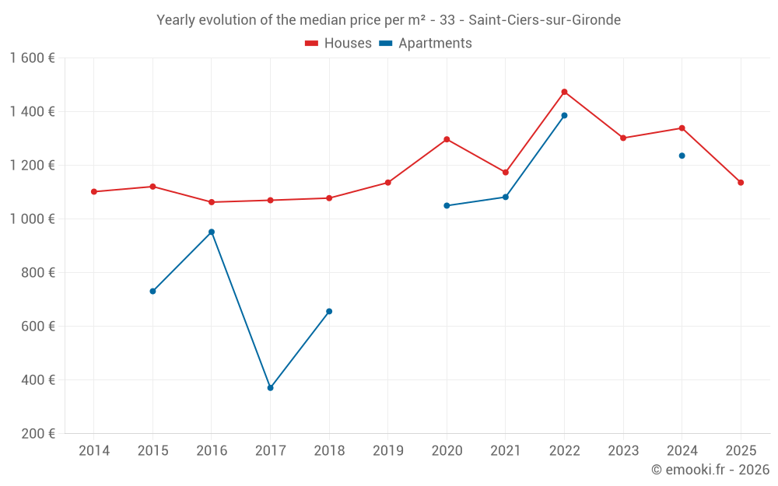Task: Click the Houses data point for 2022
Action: [x=564, y=92]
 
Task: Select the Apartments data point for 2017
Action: [x=270, y=387]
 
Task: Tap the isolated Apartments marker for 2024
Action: [x=682, y=156]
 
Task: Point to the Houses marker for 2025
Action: [x=741, y=183]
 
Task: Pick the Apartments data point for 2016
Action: [x=212, y=232]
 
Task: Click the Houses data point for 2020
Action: [x=447, y=139]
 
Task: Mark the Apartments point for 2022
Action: [x=564, y=116]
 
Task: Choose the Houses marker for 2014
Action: [x=93, y=191]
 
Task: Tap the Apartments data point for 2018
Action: [x=329, y=311]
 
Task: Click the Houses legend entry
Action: [x=338, y=44]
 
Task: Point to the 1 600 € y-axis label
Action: [x=33, y=58]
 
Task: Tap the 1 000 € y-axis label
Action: [x=33, y=219]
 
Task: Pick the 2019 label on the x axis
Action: [x=387, y=451]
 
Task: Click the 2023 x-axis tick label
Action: [x=623, y=451]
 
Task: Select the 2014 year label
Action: [x=93, y=451]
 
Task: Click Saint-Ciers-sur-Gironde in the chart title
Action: [x=545, y=20]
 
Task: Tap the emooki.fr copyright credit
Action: [x=710, y=470]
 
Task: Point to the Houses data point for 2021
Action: [x=505, y=172]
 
